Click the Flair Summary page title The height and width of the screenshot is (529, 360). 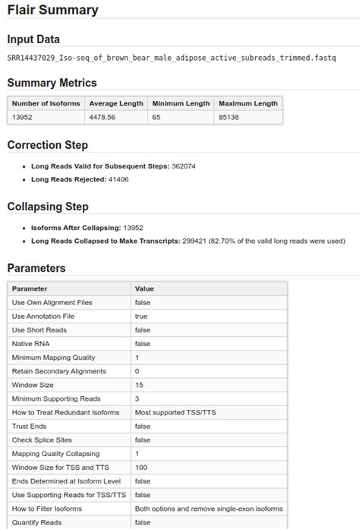[52, 11]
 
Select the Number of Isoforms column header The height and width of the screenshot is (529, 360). [46, 103]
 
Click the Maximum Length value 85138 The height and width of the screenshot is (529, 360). [229, 118]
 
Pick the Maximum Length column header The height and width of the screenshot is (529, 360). [248, 103]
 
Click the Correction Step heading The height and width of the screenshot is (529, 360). [48, 145]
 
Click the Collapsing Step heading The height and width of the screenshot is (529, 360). [48, 206]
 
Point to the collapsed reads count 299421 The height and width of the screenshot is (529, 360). [194, 241]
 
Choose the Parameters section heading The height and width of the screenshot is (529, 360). [36, 268]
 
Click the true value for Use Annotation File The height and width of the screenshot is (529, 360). [141, 316]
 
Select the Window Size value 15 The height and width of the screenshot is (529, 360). [139, 385]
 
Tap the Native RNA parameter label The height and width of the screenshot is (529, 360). [33, 344]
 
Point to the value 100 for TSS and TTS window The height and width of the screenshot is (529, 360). [141, 467]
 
